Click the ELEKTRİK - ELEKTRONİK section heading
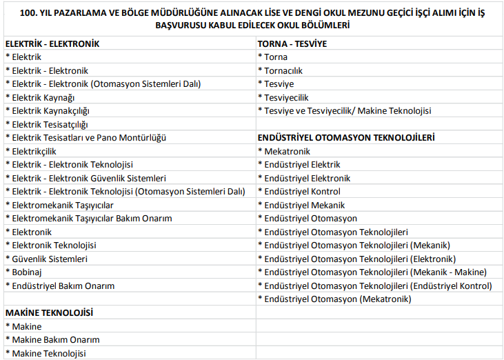[52, 43]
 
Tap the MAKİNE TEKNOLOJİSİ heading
[49, 312]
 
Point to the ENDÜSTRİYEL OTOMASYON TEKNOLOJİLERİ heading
[346, 137]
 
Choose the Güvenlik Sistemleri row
[50, 259]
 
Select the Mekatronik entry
[287, 151]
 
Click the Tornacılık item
[283, 70]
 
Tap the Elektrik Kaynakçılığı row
[51, 110]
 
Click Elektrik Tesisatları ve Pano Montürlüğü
[89, 137]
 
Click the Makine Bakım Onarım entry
[56, 339]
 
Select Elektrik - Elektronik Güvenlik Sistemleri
[89, 178]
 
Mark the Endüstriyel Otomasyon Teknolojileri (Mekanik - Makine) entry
[375, 272]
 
